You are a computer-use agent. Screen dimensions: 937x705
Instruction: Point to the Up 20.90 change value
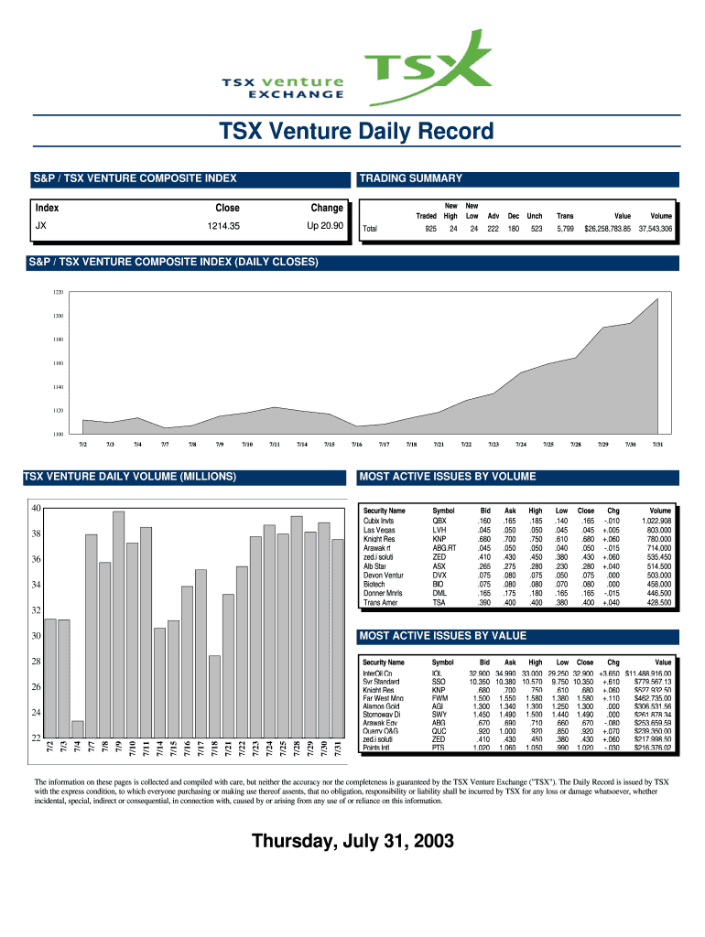click(326, 225)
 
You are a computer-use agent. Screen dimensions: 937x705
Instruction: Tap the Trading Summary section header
click(411, 178)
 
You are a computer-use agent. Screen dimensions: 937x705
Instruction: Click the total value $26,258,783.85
click(607, 229)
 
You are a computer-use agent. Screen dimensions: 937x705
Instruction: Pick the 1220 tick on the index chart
click(58, 293)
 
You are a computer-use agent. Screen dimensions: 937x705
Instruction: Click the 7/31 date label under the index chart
click(657, 444)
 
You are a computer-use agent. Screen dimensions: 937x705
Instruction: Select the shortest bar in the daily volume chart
click(78, 728)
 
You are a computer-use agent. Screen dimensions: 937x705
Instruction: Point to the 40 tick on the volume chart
click(36, 508)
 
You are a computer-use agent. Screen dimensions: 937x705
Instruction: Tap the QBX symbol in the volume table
click(439, 521)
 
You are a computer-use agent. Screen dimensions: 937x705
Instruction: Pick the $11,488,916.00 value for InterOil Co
click(648, 673)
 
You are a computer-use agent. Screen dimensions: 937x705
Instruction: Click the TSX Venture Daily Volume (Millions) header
click(130, 477)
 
